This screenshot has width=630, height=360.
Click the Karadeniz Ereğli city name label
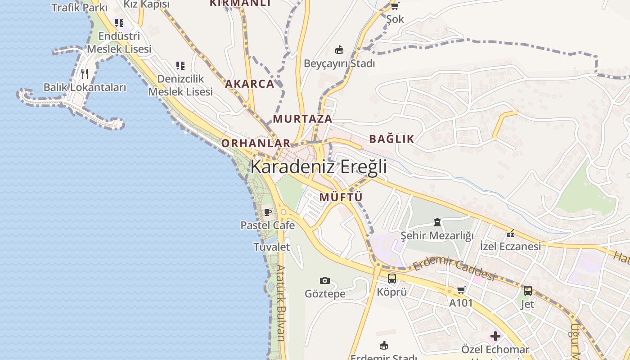coord(319,166)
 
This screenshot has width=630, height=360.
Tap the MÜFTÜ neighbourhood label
coord(341,197)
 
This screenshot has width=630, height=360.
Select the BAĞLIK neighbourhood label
coord(391,139)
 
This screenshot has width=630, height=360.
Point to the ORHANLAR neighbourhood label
coord(256,143)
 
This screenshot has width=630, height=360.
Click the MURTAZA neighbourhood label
coord(302,119)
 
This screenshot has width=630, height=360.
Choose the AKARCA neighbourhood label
coord(249,84)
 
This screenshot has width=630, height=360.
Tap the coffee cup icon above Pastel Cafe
coord(268,212)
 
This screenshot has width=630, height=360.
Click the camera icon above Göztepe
coord(325,281)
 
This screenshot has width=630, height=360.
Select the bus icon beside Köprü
coord(392,279)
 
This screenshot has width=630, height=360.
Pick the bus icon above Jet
coord(527,291)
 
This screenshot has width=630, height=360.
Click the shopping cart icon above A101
coord(461,290)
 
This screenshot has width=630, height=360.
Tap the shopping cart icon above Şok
coord(395,6)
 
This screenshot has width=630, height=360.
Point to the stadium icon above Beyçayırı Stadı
coord(339,49)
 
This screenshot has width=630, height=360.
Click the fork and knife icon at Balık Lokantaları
coord(85,73)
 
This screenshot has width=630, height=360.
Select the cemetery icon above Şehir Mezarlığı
coord(437,222)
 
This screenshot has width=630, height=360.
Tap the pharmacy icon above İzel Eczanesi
coord(510,233)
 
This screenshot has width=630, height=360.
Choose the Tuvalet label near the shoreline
coord(271,247)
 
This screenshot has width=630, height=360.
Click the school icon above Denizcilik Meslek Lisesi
coord(180,66)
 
